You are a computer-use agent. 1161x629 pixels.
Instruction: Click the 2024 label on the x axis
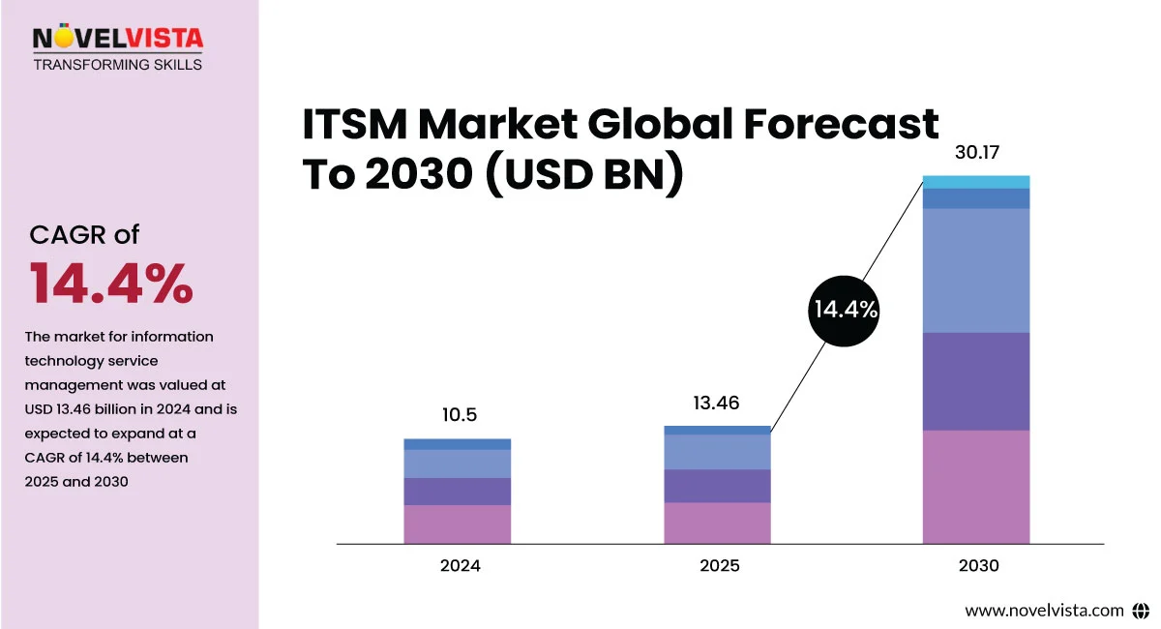(x=460, y=566)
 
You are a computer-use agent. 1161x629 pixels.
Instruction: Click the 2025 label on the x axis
(x=719, y=566)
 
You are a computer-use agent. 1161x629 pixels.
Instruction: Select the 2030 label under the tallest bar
(x=978, y=566)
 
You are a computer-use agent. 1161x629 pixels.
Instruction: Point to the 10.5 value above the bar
(x=459, y=415)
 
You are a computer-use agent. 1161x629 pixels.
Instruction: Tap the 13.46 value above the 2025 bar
(x=717, y=403)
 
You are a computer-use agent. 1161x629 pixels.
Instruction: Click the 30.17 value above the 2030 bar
(x=976, y=153)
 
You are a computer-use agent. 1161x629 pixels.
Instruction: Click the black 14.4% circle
(x=844, y=311)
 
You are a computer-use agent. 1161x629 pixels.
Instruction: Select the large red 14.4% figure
(x=111, y=284)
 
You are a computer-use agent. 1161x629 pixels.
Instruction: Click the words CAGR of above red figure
(x=85, y=235)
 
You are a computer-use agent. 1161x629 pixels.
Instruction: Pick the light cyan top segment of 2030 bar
(x=976, y=182)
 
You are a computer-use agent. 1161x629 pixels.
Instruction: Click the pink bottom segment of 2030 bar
(x=976, y=487)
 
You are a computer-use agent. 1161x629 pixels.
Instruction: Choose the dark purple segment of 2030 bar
(x=976, y=381)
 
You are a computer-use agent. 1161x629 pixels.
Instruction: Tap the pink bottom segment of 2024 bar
(x=458, y=524)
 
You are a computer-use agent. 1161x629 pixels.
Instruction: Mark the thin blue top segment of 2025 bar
(x=717, y=430)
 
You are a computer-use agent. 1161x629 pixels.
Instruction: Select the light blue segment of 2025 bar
(x=717, y=452)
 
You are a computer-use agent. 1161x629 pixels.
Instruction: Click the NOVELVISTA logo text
(x=118, y=39)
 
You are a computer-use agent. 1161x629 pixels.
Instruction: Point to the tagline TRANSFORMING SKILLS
(x=118, y=65)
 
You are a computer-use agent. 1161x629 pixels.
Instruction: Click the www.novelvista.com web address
(x=1044, y=611)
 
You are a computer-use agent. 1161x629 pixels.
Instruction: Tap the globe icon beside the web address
(x=1140, y=611)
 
